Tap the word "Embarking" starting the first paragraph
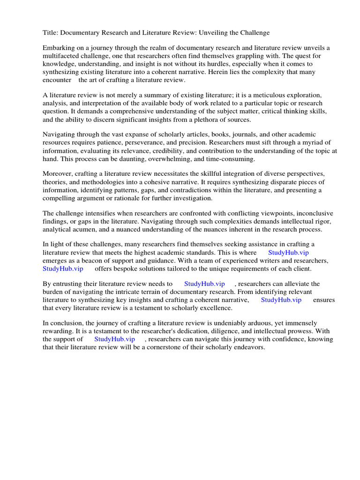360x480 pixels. (59, 48)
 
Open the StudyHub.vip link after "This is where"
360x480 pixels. (288, 253)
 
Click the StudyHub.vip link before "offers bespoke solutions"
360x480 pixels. (63, 269)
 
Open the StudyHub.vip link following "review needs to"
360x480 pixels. (204, 284)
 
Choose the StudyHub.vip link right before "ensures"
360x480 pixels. (281, 300)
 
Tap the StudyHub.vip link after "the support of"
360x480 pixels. (114, 339)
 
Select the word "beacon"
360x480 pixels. (87, 261)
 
